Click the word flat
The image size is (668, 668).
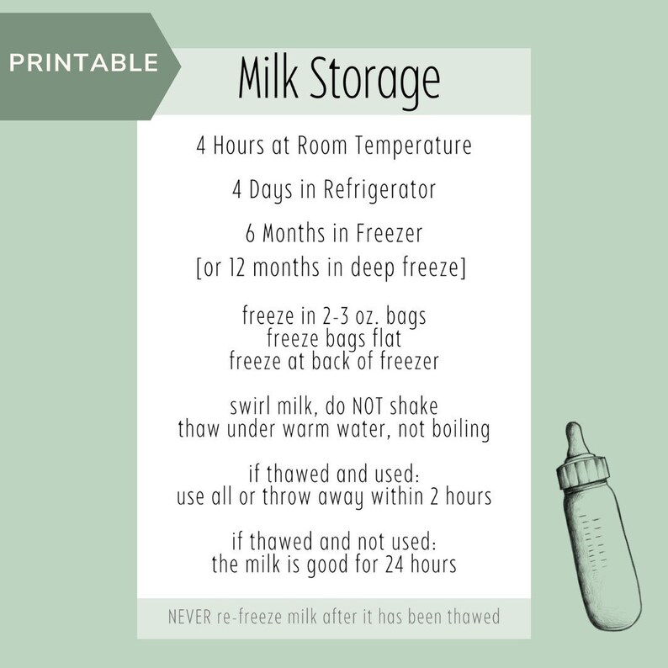click(384, 341)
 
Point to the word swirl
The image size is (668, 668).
click(252, 407)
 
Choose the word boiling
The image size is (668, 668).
click(459, 429)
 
